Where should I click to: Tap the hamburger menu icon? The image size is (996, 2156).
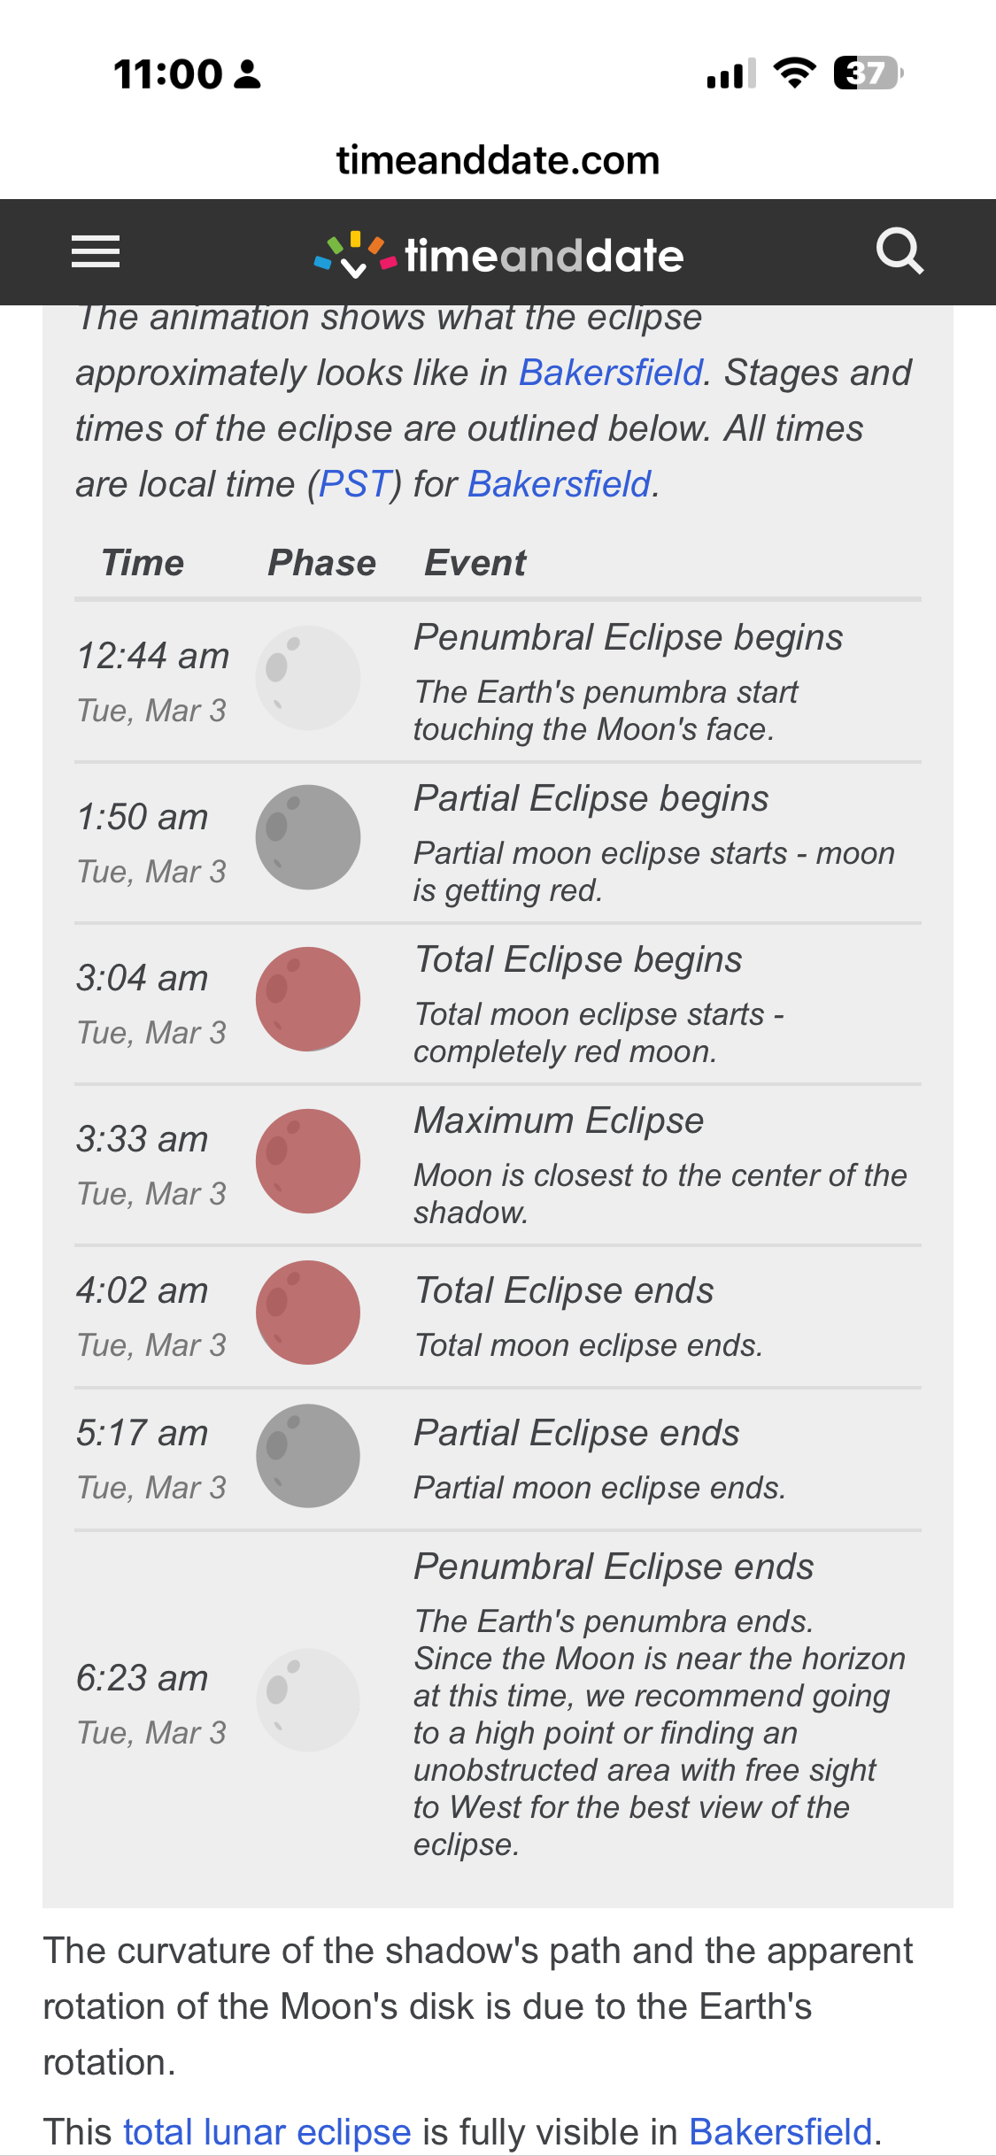(x=96, y=252)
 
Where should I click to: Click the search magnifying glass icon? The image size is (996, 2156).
(x=899, y=251)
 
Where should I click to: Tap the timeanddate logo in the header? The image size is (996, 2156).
(x=498, y=255)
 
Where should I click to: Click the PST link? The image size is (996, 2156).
(x=354, y=484)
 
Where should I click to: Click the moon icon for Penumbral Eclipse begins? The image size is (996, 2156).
(x=308, y=678)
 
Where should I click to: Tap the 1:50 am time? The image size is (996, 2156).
(x=143, y=817)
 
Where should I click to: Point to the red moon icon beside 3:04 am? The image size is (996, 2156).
(x=308, y=999)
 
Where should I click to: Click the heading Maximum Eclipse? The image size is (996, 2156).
(x=559, y=1120)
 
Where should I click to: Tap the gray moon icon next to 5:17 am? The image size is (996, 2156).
(x=308, y=1456)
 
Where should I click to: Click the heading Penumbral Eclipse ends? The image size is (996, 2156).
(x=614, y=1567)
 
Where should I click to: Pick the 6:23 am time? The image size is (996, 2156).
(x=143, y=1678)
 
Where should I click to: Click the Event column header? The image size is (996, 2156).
(x=475, y=563)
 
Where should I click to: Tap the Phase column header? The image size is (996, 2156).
(x=322, y=563)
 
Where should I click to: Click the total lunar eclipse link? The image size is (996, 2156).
(x=267, y=2132)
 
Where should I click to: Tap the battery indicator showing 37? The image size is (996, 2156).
(x=869, y=73)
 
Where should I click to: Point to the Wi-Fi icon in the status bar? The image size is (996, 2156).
(x=795, y=73)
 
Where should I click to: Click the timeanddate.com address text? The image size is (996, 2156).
(x=498, y=160)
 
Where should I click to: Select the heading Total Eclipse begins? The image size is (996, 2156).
(x=578, y=959)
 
